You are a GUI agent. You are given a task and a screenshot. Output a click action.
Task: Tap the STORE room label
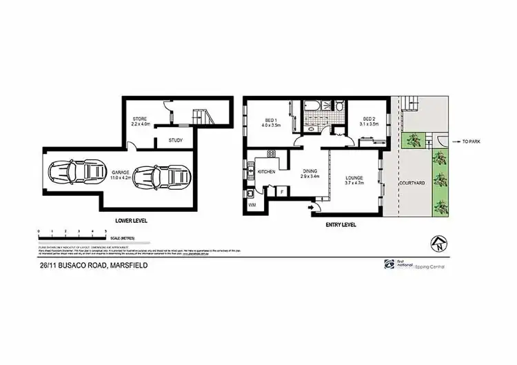point(141,119)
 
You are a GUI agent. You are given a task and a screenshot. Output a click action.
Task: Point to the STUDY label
point(175,141)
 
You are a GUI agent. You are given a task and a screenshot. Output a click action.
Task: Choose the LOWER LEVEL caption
point(130,220)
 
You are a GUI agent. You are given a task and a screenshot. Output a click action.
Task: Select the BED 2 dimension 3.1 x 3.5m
point(369,124)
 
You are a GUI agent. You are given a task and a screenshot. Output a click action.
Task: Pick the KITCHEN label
point(267,171)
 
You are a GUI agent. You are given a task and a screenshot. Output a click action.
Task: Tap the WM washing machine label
point(252,206)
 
